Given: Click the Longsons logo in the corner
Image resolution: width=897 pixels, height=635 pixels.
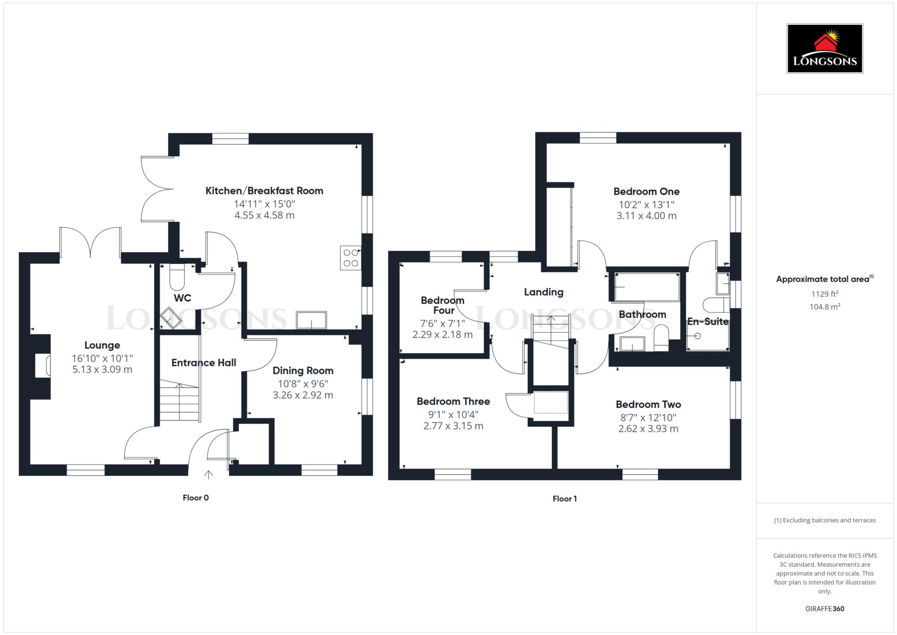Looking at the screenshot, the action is point(824,48).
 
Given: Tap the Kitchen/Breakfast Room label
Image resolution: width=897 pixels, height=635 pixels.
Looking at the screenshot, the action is point(264,191).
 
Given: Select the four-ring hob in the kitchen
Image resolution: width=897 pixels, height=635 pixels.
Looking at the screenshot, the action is point(351,258).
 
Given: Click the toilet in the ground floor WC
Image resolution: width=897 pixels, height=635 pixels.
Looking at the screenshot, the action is point(177,278).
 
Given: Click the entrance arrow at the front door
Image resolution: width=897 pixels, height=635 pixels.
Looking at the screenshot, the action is point(208,474).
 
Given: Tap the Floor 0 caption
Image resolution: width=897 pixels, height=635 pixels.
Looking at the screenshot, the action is point(195,498).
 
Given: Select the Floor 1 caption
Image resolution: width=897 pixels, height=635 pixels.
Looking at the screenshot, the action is point(565,499).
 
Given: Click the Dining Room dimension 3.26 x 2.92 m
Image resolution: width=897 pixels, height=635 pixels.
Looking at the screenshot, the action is point(303,395).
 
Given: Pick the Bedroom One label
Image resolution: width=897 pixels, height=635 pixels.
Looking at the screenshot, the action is point(646,192).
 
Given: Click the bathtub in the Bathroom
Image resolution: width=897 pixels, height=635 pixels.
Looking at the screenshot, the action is point(646,287).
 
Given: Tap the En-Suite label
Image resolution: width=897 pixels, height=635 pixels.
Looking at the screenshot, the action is point(707,322).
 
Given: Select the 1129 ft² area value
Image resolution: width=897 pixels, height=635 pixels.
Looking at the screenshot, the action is point(825,294).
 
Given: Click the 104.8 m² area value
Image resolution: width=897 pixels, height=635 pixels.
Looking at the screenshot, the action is point(825,307).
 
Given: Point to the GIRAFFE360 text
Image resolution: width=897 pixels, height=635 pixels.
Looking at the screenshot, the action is point(825,609).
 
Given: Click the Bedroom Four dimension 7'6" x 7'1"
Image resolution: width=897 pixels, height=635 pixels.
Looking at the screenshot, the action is point(442,323).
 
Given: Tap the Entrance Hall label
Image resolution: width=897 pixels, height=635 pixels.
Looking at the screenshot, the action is point(204,363).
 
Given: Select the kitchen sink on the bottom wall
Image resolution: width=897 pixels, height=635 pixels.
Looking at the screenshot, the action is point(311,320).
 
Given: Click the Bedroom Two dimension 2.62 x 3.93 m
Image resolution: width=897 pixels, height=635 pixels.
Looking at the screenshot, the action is point(648,429).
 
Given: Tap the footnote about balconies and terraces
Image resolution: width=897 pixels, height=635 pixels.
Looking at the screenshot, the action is point(825,520).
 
